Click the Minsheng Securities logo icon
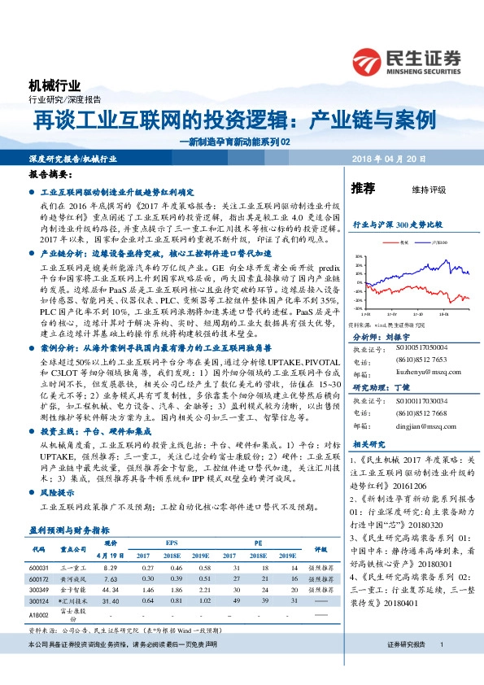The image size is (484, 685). tap(370, 61)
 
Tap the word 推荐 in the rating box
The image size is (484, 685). tap(363, 189)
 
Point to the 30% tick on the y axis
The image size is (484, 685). tap(359, 255)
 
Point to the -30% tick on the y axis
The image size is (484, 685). tap(359, 308)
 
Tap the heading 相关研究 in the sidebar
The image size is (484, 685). tap(368, 445)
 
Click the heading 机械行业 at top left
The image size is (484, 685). tap(55, 85)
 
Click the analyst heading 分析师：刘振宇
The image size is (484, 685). tap(382, 335)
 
